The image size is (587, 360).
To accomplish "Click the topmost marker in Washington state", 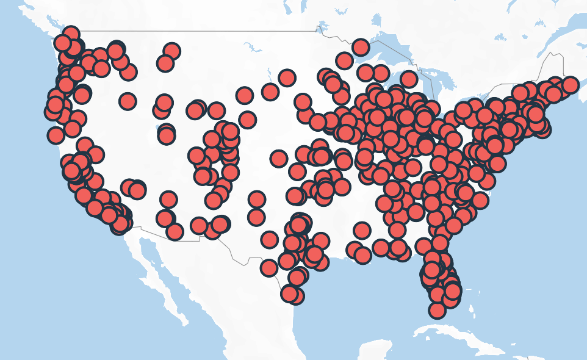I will [71, 34].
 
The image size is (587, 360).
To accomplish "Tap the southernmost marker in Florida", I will [437, 310].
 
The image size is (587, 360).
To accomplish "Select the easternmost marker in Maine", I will [570, 85].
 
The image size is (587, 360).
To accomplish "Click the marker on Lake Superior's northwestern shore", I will [361, 47].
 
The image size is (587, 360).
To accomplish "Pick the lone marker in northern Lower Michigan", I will [409, 79].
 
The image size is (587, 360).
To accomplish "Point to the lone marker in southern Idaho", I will [128, 101].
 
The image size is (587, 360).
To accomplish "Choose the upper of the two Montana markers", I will [171, 51].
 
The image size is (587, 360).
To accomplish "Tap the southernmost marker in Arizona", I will [175, 231].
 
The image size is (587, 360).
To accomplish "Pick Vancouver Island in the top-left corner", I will [43, 24].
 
